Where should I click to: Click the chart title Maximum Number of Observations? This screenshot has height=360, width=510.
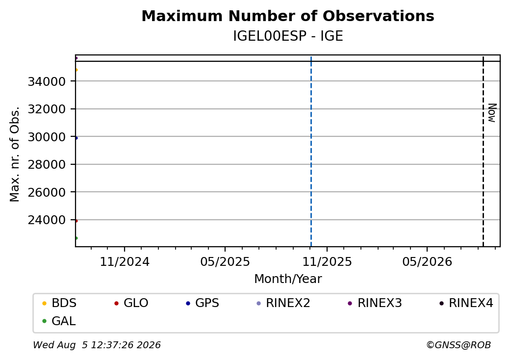[288, 16]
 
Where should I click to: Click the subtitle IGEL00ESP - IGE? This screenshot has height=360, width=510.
[288, 36]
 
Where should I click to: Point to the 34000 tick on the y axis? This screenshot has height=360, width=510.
[47, 81]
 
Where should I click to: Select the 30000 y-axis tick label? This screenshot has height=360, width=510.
[47, 137]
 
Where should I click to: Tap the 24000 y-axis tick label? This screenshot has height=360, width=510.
[47, 220]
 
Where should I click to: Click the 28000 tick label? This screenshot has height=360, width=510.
[47, 165]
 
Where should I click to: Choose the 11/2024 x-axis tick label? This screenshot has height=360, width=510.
[125, 262]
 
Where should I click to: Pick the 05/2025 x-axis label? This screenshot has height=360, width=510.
[225, 262]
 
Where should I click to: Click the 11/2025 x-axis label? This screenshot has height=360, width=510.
[327, 262]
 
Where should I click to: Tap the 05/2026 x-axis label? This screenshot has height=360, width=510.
[427, 262]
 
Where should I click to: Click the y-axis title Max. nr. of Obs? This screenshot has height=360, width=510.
[15, 154]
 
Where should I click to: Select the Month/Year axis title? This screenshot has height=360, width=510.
[288, 279]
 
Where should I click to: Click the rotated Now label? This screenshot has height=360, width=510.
[492, 113]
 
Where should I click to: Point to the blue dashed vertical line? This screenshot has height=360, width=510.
[311, 152]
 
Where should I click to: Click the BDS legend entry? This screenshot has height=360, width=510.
[60, 303]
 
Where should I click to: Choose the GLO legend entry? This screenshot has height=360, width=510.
[131, 303]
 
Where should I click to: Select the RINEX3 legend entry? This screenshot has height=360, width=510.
[375, 303]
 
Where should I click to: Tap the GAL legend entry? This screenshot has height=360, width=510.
[59, 321]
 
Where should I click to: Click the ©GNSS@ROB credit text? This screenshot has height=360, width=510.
[459, 345]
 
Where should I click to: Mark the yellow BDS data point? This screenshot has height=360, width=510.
[76, 70]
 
